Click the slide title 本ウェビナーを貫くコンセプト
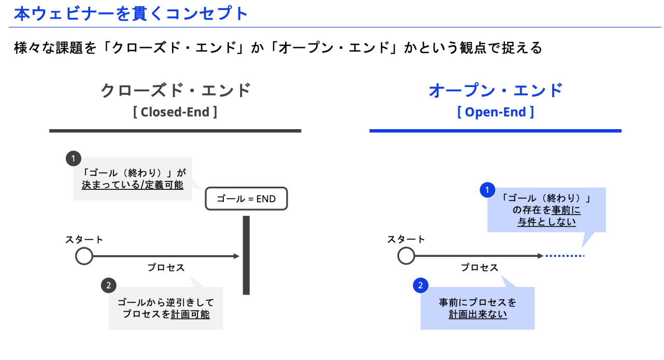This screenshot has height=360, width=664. (131, 13)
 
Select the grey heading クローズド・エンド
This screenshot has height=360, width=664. (175, 90)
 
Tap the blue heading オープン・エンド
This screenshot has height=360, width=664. (496, 90)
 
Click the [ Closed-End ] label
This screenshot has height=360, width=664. (175, 112)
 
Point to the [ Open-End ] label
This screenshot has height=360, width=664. (496, 112)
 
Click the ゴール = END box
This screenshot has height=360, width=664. (246, 199)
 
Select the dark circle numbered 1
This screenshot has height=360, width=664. (74, 158)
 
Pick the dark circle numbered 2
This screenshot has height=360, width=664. (108, 285)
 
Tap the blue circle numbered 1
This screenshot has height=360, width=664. (487, 190)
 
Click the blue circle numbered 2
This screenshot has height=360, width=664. (420, 285)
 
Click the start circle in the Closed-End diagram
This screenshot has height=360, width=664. (84, 256)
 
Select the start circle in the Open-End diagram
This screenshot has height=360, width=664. (406, 256)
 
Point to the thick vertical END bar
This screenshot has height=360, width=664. (246, 255)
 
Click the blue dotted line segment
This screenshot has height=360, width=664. (564, 256)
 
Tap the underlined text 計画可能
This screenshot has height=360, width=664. (190, 314)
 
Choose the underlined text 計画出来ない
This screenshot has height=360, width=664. (477, 314)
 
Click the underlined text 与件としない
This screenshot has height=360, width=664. (547, 222)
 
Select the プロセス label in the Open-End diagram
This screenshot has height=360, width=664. (479, 268)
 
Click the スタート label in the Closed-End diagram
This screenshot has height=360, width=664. (84, 240)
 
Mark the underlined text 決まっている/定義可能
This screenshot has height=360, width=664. (133, 185)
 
